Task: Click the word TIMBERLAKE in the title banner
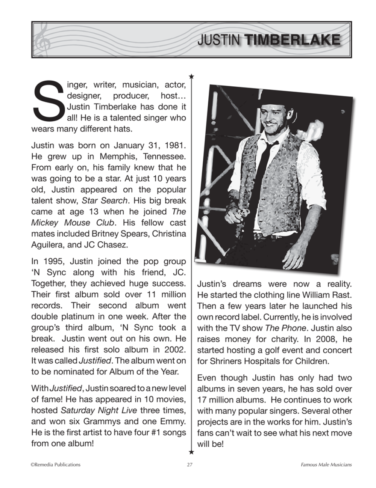pos(293,40)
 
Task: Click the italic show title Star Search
pos(105,200)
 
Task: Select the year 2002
pos(175,350)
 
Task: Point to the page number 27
pos(190,465)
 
